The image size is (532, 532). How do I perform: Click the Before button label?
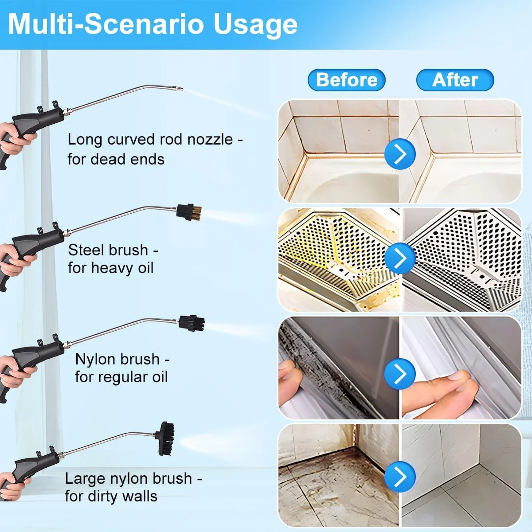pos(347,80)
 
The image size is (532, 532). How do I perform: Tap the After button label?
pos(455,80)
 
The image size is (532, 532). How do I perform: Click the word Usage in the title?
pos(255,25)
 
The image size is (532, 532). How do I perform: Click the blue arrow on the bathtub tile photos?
pos(400,154)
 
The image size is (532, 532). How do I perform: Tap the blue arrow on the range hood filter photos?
pos(400,258)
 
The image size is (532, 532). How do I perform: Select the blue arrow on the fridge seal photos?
pos(400,374)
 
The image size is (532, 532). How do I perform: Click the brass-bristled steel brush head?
pos(189,212)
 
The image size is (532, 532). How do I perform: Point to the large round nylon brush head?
pos(165,439)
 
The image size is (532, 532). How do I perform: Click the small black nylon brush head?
pos(192,323)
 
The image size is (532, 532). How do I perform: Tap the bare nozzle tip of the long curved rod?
pos(179,89)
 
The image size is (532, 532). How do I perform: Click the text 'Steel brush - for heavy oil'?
pos(113,259)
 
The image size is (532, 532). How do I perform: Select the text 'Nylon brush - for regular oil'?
pos(122,368)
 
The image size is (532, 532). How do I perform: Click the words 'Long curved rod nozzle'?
pos(150,139)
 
